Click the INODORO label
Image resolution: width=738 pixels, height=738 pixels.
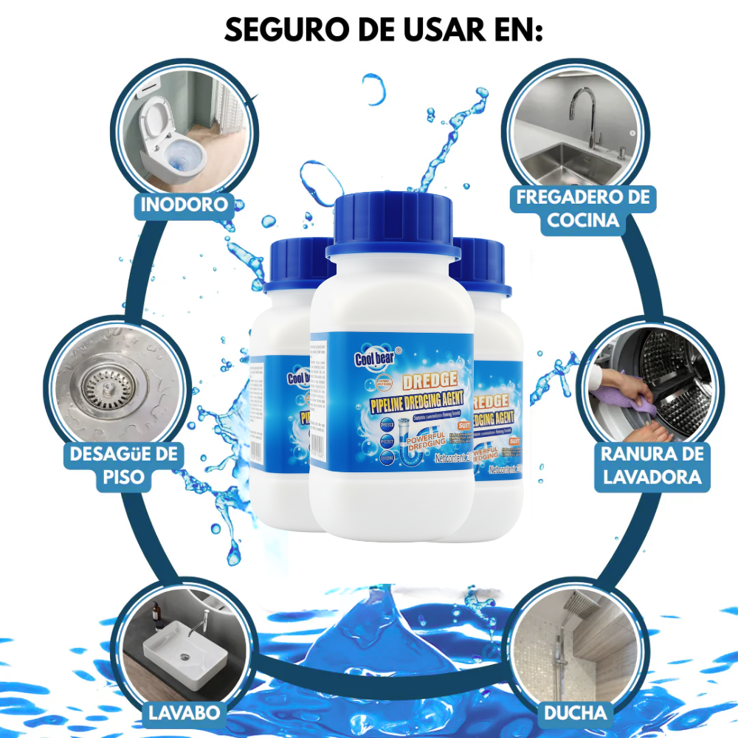coord(184,204)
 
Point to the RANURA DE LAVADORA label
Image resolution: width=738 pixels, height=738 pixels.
coord(651,465)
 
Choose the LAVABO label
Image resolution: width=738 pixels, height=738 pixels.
coord(184,713)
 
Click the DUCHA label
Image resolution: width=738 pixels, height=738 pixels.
coord(576,713)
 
